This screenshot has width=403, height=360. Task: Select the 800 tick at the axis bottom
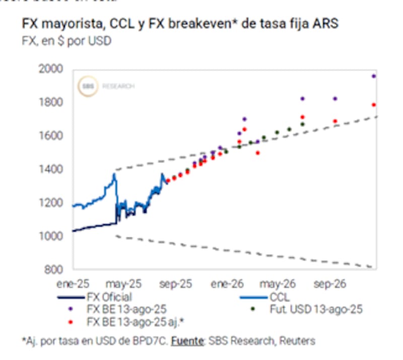tap(54, 269)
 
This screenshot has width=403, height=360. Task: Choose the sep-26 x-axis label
tap(329, 284)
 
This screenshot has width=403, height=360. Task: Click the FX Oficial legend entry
tap(109, 297)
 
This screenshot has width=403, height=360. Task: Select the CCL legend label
tap(280, 297)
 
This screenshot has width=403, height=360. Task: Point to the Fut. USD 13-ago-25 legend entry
tap(316, 309)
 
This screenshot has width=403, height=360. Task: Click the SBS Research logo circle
tap(88, 87)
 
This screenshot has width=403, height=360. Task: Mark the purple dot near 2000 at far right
tap(374, 76)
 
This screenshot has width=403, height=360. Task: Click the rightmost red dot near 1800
tap(374, 105)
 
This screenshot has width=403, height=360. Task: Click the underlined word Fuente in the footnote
tap(187, 341)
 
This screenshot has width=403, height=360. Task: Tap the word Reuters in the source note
tap(297, 341)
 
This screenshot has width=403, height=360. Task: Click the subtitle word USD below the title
tap(100, 41)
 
